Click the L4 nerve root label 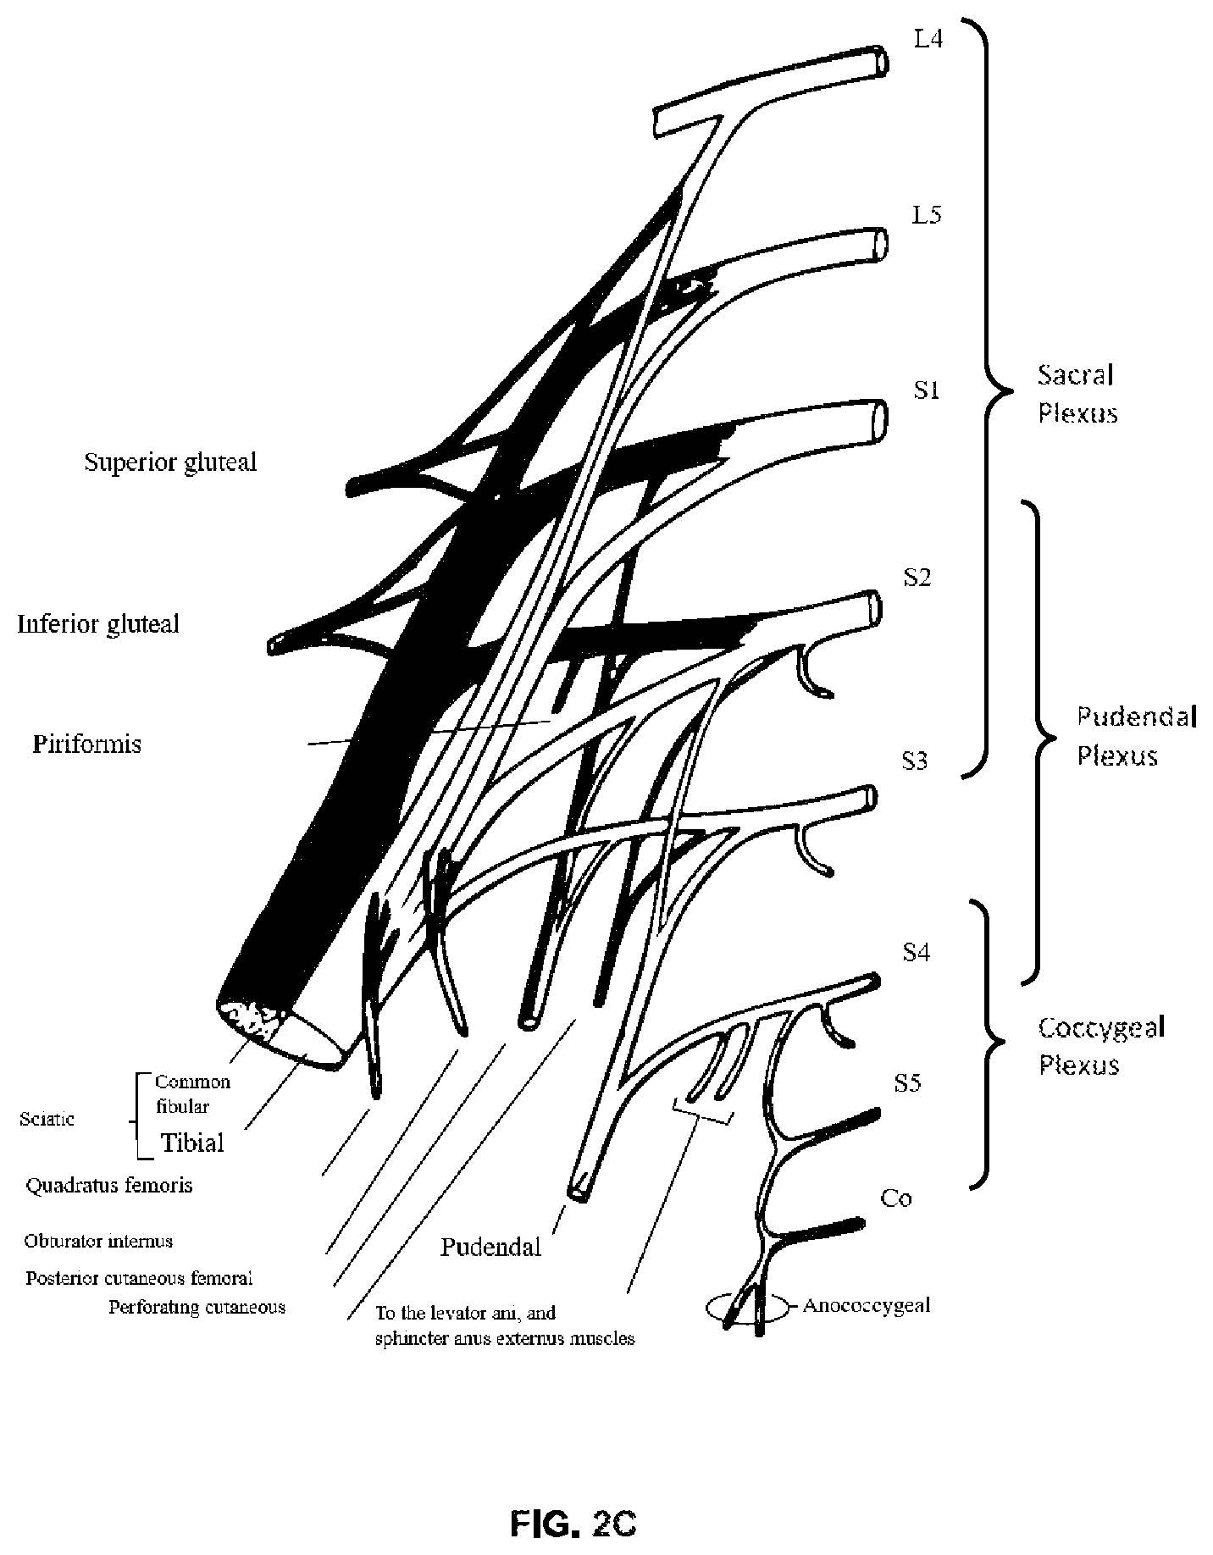click(928, 39)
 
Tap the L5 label click(927, 215)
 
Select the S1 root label click(926, 390)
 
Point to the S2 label click(917, 577)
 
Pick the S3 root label click(915, 761)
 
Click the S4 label click(916, 953)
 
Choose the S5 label click(907, 1083)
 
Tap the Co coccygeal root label click(896, 1198)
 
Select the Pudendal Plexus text click(1136, 736)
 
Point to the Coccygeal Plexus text click(1102, 1046)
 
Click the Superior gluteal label click(170, 462)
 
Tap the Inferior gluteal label click(98, 624)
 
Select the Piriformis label click(86, 744)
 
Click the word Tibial click(193, 1143)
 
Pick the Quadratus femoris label click(109, 1184)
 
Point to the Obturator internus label click(98, 1241)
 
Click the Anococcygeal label click(866, 1305)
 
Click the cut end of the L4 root click(881, 62)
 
